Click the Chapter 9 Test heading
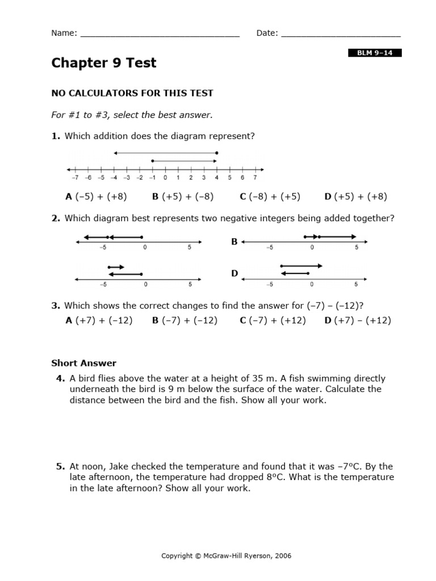point(103,63)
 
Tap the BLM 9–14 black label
point(374,53)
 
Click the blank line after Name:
point(160,34)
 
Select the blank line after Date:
point(341,34)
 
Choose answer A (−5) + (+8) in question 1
point(97,197)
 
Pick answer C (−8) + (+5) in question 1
point(270,197)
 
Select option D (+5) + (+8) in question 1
point(355,197)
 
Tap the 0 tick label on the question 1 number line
point(165,178)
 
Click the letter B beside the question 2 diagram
point(234,242)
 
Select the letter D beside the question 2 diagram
point(234,273)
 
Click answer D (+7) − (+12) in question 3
point(358,321)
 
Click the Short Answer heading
point(83,363)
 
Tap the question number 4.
point(60,378)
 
